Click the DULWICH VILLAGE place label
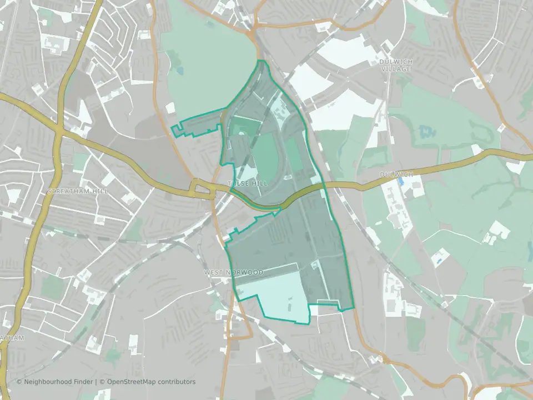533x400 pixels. click(395, 65)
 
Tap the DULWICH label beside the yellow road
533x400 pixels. click(396, 174)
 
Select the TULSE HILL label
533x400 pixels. click(247, 183)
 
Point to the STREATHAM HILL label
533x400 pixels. click(78, 191)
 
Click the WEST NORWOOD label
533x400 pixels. click(233, 272)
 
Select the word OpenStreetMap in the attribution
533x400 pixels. click(134, 382)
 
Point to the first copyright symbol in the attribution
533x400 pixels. click(19, 382)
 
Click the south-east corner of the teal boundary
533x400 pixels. click(353, 309)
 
